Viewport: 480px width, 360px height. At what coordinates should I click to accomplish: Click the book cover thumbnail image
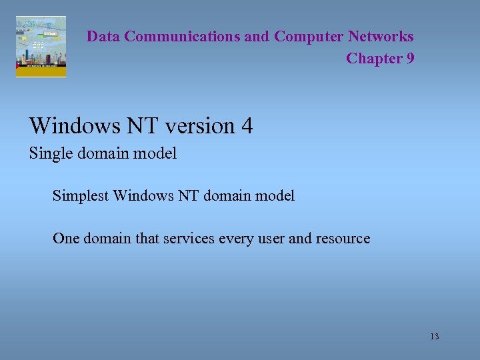(41, 47)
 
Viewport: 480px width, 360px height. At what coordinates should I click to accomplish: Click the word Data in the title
(103, 37)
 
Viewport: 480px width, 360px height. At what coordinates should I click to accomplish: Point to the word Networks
(381, 37)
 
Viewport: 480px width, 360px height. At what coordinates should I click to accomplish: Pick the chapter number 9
(409, 59)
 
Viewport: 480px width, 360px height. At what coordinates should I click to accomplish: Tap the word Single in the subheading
(47, 154)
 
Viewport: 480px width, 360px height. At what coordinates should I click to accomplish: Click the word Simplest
(80, 196)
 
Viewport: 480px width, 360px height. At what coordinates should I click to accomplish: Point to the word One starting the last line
(65, 239)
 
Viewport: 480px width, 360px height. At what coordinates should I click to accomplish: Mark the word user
(269, 239)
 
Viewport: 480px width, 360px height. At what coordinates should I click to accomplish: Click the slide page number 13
(435, 337)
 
